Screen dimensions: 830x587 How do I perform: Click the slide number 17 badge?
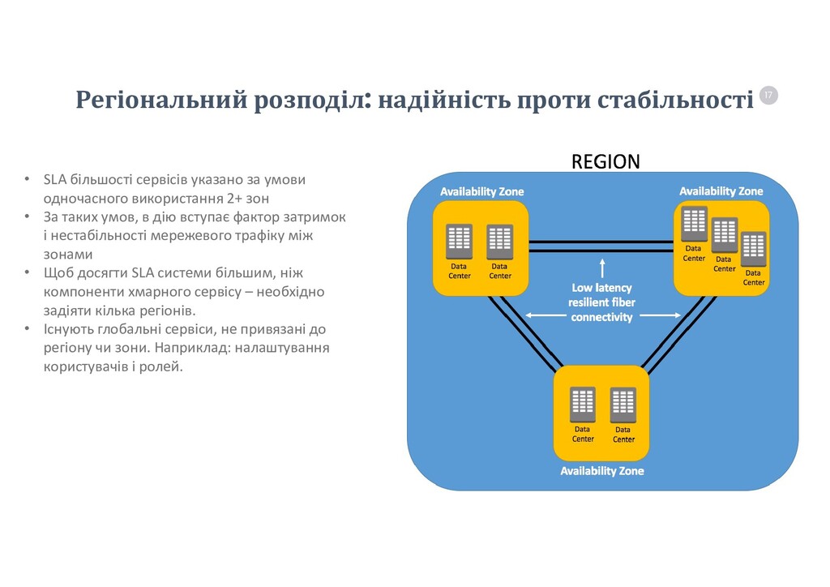pos(768,96)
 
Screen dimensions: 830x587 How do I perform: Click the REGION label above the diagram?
pos(605,162)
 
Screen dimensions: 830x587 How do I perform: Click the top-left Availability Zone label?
pos(481,191)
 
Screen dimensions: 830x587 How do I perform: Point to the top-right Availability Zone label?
pos(721,191)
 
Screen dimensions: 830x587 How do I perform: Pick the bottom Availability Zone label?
pos(602,470)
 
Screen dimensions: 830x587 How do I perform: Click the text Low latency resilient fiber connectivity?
pos(601,302)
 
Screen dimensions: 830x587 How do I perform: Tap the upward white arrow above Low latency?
pos(602,268)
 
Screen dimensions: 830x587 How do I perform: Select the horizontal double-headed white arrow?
pos(602,315)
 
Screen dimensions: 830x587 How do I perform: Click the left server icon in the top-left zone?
pos(460,242)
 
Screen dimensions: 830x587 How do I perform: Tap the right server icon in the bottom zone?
pos(622,405)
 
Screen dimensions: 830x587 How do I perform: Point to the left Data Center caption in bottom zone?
pos(583,434)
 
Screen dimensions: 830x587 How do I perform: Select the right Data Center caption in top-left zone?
pos(500,271)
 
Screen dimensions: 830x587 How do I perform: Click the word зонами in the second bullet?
pos(67,254)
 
